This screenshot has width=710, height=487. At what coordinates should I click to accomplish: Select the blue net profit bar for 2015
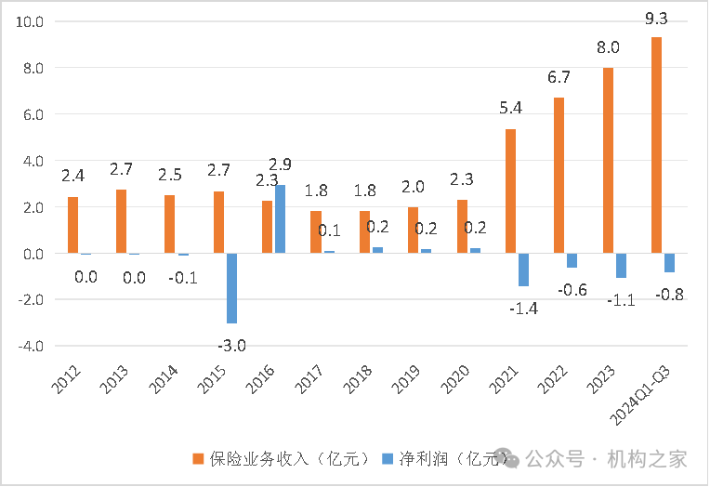(x=232, y=288)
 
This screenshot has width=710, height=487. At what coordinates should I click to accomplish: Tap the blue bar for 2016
(x=280, y=219)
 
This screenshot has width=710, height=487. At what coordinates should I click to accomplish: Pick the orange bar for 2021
(x=510, y=191)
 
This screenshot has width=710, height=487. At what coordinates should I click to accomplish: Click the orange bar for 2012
(x=73, y=225)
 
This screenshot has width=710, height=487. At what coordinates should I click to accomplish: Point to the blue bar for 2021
(x=523, y=270)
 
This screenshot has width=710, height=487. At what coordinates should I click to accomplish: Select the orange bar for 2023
(x=608, y=160)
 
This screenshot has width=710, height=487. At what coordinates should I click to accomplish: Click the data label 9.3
(x=657, y=18)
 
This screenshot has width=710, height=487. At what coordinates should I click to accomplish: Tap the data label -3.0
(x=233, y=347)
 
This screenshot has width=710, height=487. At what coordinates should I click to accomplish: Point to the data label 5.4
(x=510, y=108)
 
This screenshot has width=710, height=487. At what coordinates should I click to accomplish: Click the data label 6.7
(x=559, y=77)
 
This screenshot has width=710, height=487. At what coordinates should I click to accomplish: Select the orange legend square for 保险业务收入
(x=198, y=458)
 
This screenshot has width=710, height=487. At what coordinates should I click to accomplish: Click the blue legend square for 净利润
(x=388, y=458)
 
